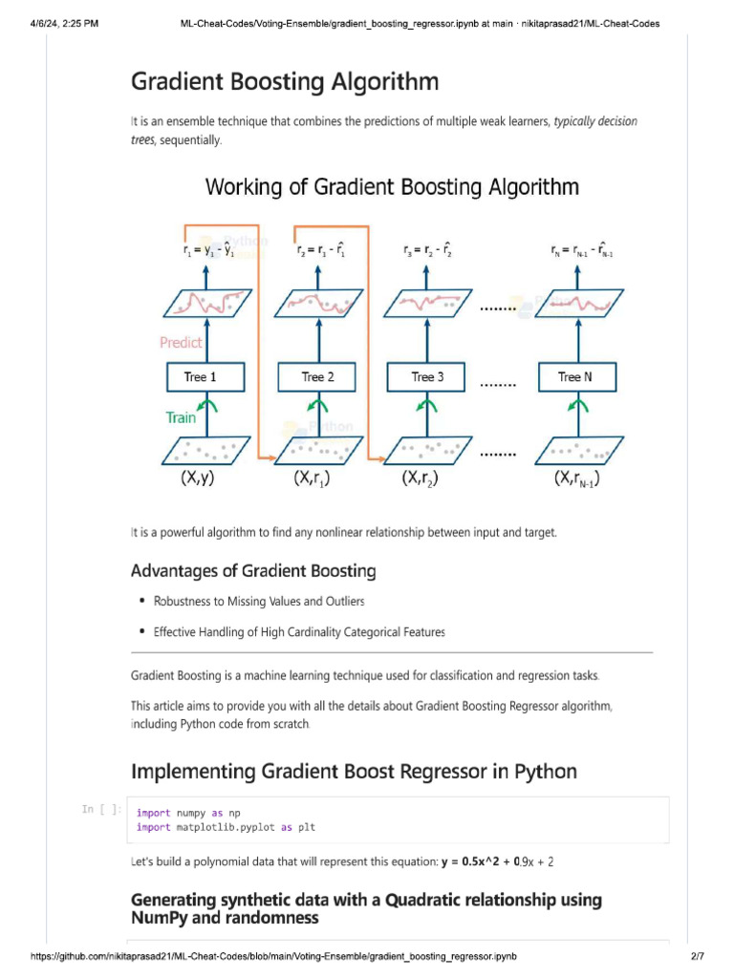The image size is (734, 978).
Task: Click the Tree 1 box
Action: click(200, 377)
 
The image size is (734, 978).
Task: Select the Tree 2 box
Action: click(318, 377)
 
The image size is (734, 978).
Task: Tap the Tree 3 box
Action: click(427, 377)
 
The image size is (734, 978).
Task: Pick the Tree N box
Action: click(574, 377)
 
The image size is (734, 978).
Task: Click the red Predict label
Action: click(181, 343)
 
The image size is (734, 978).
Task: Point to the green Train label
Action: click(181, 417)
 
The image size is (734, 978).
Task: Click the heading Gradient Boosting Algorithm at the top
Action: click(285, 82)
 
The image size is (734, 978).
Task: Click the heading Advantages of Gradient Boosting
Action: click(253, 571)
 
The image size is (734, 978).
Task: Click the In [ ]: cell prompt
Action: click(101, 810)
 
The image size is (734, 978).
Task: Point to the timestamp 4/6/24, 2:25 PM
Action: click(64, 23)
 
